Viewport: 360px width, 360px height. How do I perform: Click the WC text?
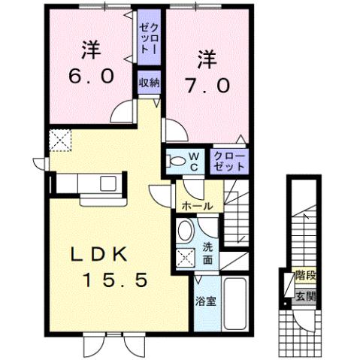(192, 161)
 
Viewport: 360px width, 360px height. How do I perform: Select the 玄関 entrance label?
(304, 295)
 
